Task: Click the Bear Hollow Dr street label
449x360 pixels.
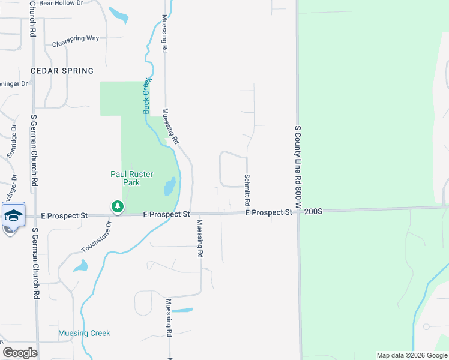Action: coord(61,4)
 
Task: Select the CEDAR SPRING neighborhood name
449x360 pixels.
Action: coord(62,71)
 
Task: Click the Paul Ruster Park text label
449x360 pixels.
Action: coord(132,178)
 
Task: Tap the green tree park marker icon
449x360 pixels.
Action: coord(118,207)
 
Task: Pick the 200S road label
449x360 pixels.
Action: coord(313,212)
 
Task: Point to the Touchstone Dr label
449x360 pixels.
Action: coord(96,236)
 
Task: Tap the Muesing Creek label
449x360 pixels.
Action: coord(84,333)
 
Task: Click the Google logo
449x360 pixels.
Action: coord(20,353)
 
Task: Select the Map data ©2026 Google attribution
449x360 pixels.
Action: coord(412,355)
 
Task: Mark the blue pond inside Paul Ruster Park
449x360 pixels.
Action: coord(170,187)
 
